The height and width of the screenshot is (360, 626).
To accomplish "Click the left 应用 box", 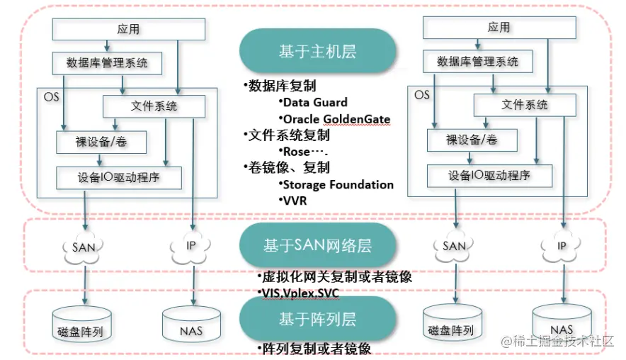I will click(x=129, y=29).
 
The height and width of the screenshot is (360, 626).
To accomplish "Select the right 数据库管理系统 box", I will click(x=478, y=62).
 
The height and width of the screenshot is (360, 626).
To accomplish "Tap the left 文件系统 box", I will click(x=154, y=106).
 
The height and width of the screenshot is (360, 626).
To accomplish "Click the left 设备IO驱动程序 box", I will click(x=119, y=177).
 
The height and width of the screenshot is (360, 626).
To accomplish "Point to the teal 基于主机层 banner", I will click(x=317, y=51).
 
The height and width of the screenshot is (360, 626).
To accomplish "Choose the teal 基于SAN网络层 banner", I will click(x=317, y=246).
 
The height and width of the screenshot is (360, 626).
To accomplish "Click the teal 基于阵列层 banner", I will click(x=317, y=319).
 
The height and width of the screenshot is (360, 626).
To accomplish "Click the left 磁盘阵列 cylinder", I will click(x=86, y=324).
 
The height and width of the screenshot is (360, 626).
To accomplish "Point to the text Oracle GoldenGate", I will click(x=335, y=118).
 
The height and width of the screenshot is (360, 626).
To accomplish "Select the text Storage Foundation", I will click(x=337, y=184).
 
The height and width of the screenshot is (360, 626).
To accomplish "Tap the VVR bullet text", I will click(x=294, y=200).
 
